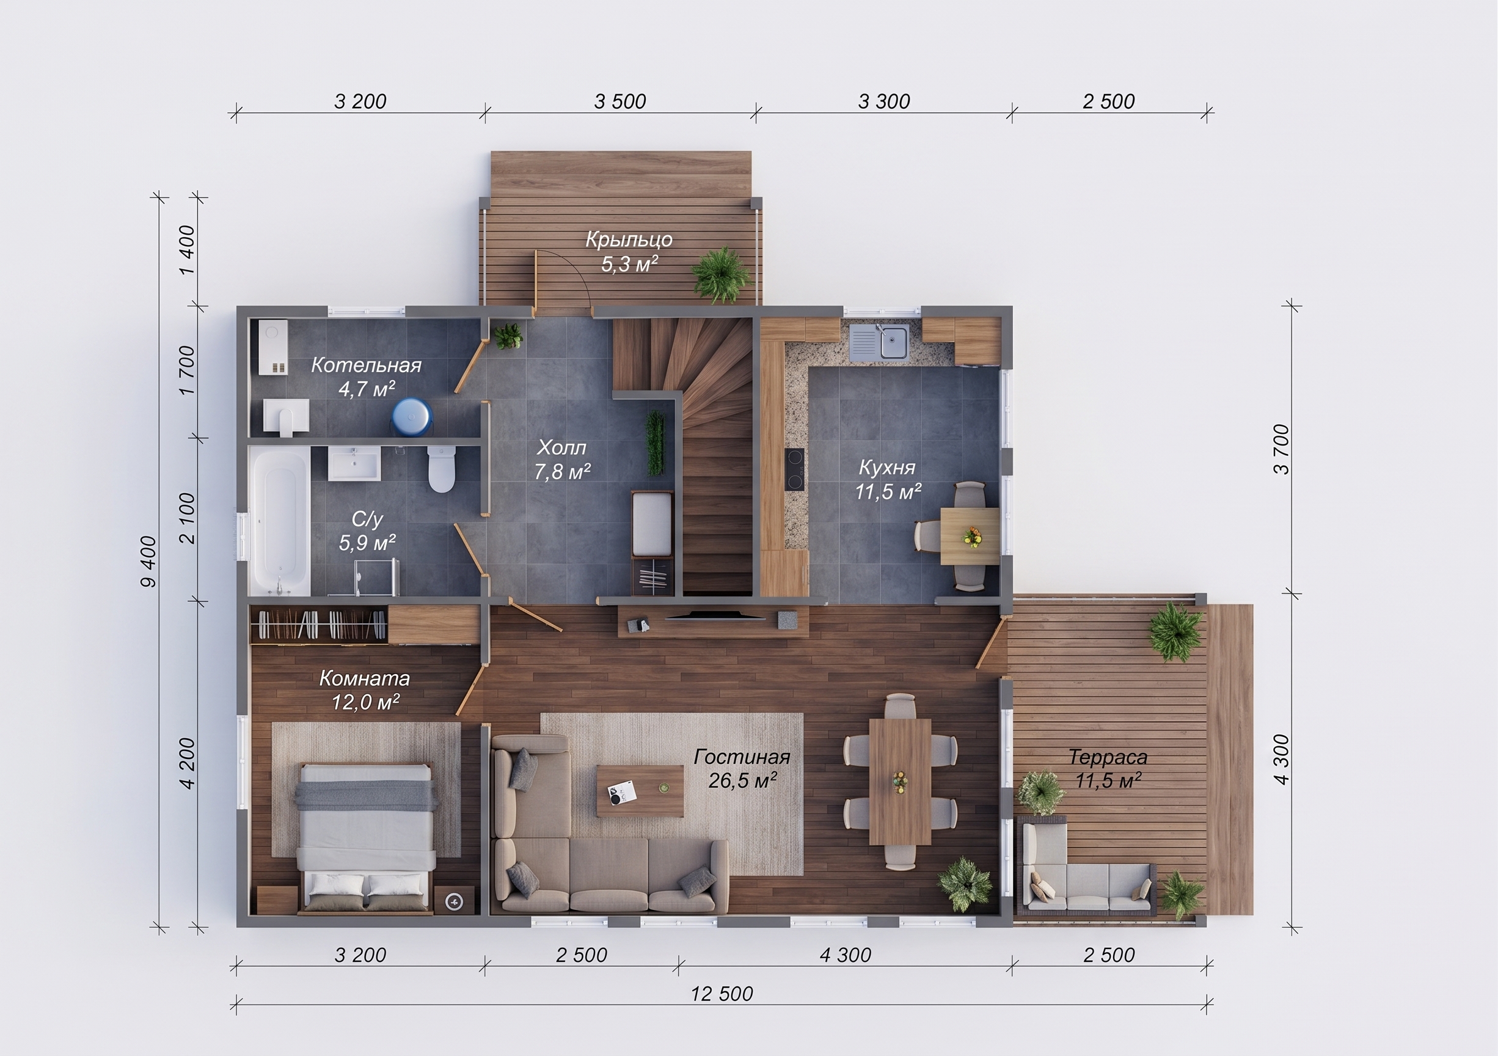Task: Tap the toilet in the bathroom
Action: click(x=441, y=469)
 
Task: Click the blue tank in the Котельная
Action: click(x=412, y=416)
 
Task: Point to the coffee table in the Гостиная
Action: click(x=640, y=791)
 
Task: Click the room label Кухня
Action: click(x=886, y=468)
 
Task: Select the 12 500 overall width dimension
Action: click(x=722, y=994)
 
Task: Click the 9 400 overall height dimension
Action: click(x=150, y=561)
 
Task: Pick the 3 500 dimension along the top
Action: click(x=620, y=102)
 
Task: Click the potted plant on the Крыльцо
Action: click(x=721, y=275)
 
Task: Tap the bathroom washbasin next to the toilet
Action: click(x=354, y=463)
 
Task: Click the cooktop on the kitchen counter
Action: click(x=795, y=469)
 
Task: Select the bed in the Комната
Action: click(x=365, y=838)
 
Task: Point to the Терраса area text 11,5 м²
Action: click(x=1108, y=780)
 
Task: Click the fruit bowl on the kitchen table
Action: click(x=972, y=537)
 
